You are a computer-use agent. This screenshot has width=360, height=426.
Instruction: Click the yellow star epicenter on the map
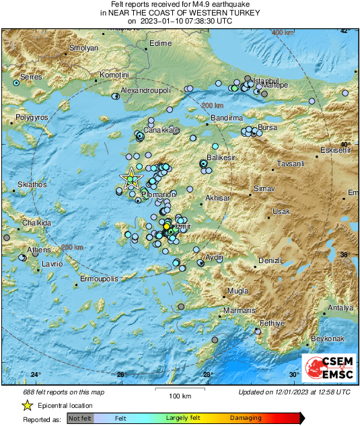(x=131, y=178)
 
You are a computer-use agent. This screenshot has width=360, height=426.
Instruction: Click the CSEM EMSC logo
(x=328, y=368)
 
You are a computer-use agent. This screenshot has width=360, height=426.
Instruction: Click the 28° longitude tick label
(x=208, y=375)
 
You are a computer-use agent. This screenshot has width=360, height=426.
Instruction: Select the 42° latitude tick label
(x=344, y=31)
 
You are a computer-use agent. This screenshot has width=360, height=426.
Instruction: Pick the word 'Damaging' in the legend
(x=246, y=418)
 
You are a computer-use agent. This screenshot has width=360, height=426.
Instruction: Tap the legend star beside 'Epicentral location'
(x=28, y=405)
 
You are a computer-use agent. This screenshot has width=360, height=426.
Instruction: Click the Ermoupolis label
(x=99, y=278)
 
